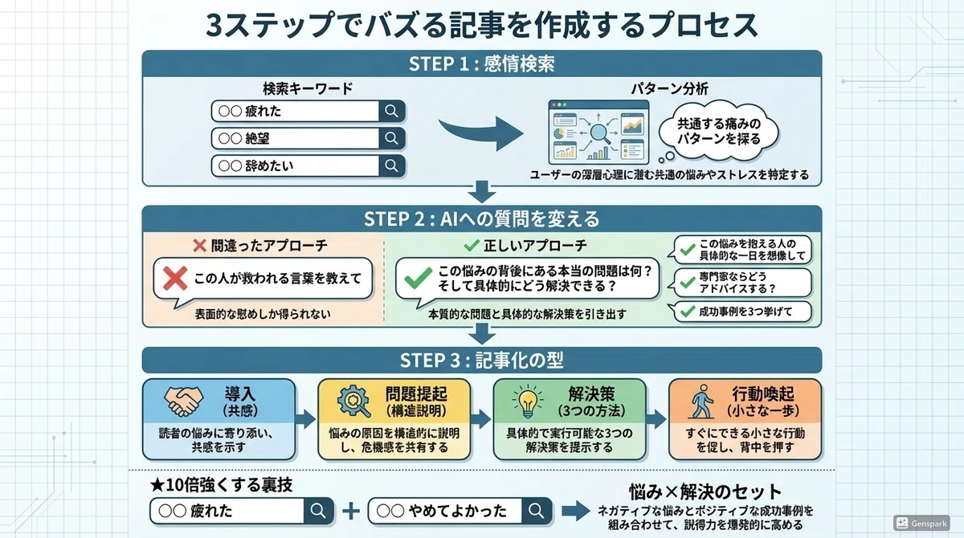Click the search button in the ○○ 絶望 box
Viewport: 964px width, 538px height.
pyautogui.click(x=392, y=138)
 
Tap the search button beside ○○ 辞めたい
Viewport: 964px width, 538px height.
pyautogui.click(x=392, y=165)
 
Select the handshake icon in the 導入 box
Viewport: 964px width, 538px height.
pyautogui.click(x=184, y=401)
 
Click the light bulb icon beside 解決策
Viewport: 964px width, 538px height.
pyautogui.click(x=528, y=402)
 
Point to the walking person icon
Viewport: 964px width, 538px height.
pyautogui.click(x=701, y=401)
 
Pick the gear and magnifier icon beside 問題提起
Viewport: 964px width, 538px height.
pyautogui.click(x=353, y=401)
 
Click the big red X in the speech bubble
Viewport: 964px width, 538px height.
pyautogui.click(x=175, y=279)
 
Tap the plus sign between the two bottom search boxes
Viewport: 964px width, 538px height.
pyautogui.click(x=351, y=511)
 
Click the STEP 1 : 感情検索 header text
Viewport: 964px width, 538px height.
pyautogui.click(x=481, y=63)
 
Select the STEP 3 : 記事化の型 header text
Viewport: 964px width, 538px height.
pyautogui.click(x=481, y=360)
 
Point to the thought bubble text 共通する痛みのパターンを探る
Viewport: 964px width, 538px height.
pyautogui.click(x=719, y=131)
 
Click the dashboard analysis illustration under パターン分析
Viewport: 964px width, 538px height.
pyautogui.click(x=598, y=132)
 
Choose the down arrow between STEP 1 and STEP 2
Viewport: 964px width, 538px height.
pyautogui.click(x=481, y=191)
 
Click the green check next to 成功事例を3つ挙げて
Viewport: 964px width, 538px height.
pyautogui.click(x=688, y=311)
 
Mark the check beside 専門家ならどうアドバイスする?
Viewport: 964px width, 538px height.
pyautogui.click(x=688, y=282)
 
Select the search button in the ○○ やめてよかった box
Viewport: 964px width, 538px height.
pyautogui.click(x=537, y=511)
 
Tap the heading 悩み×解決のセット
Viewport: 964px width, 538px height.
pyautogui.click(x=705, y=491)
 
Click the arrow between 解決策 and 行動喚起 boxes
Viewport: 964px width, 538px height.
pyautogui.click(x=656, y=419)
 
